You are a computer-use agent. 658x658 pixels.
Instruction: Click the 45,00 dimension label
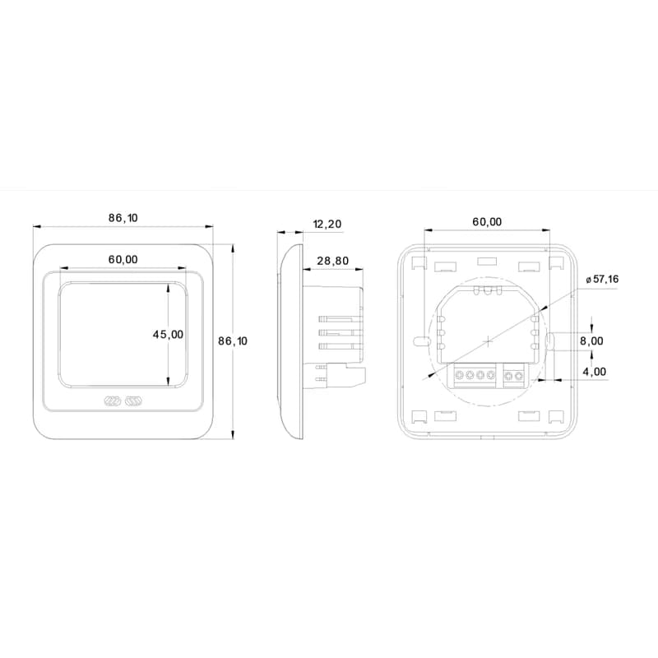pos(168,335)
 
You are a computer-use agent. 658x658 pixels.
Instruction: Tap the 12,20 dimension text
pos(327,224)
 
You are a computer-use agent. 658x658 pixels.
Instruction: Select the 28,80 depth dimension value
pos(333,261)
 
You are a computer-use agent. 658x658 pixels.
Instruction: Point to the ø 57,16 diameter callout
pos(602,279)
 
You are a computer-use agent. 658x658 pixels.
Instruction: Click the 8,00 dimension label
pos(591,341)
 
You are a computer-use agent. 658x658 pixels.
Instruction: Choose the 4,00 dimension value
pos(595,372)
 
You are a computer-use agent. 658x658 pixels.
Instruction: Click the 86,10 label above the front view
pos(123,218)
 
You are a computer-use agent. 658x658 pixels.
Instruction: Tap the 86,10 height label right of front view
pos(233,341)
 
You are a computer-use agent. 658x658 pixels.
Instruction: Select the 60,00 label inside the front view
pos(123,259)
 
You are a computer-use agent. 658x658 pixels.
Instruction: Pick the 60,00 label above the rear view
pos(487,221)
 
